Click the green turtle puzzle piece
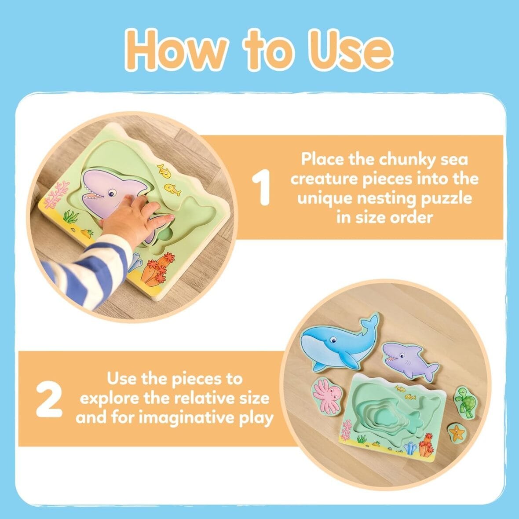coord(463,401)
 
